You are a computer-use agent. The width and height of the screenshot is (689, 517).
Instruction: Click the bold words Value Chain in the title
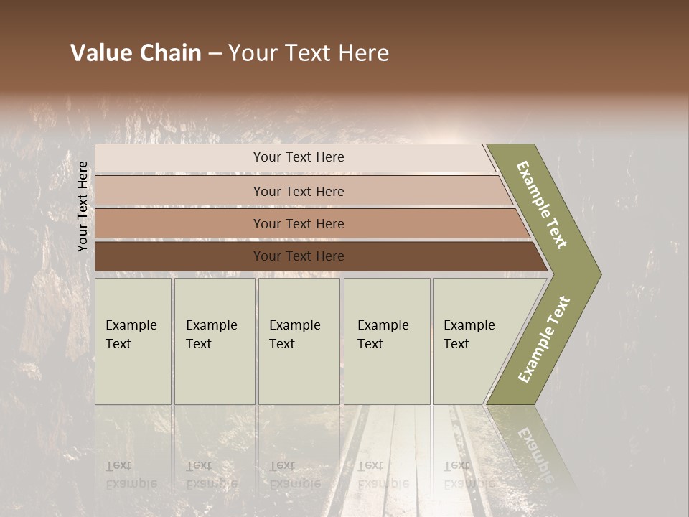(136, 53)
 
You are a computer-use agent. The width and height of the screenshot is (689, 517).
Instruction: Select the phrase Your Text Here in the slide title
(309, 53)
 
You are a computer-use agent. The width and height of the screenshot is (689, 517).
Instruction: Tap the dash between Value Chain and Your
(215, 54)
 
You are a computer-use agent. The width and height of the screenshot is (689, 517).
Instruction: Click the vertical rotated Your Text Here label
(83, 207)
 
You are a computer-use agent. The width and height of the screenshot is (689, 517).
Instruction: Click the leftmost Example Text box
(133, 341)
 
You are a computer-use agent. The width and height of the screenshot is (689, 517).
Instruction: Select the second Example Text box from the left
(215, 341)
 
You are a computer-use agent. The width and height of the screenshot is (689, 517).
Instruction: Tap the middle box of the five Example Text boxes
(299, 341)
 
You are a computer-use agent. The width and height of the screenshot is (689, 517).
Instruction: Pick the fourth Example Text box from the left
(387, 341)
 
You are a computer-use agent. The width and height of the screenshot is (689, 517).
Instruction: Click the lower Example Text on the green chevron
(544, 339)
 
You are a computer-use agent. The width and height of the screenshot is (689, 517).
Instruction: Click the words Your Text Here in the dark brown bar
(299, 256)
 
